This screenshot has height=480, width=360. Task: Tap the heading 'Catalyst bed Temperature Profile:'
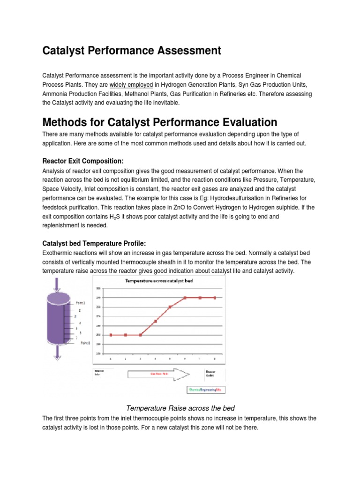[x=94, y=243]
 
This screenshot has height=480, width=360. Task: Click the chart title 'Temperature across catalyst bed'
[x=158, y=281]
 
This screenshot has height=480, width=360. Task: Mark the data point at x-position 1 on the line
[x=111, y=335]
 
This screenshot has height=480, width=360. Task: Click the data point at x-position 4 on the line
[x=155, y=321]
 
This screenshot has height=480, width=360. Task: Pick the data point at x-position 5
[x=170, y=307]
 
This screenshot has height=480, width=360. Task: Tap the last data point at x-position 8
[x=215, y=298]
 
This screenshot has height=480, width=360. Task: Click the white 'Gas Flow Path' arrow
[x=157, y=374]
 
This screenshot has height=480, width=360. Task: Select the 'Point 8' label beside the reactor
[x=85, y=343]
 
